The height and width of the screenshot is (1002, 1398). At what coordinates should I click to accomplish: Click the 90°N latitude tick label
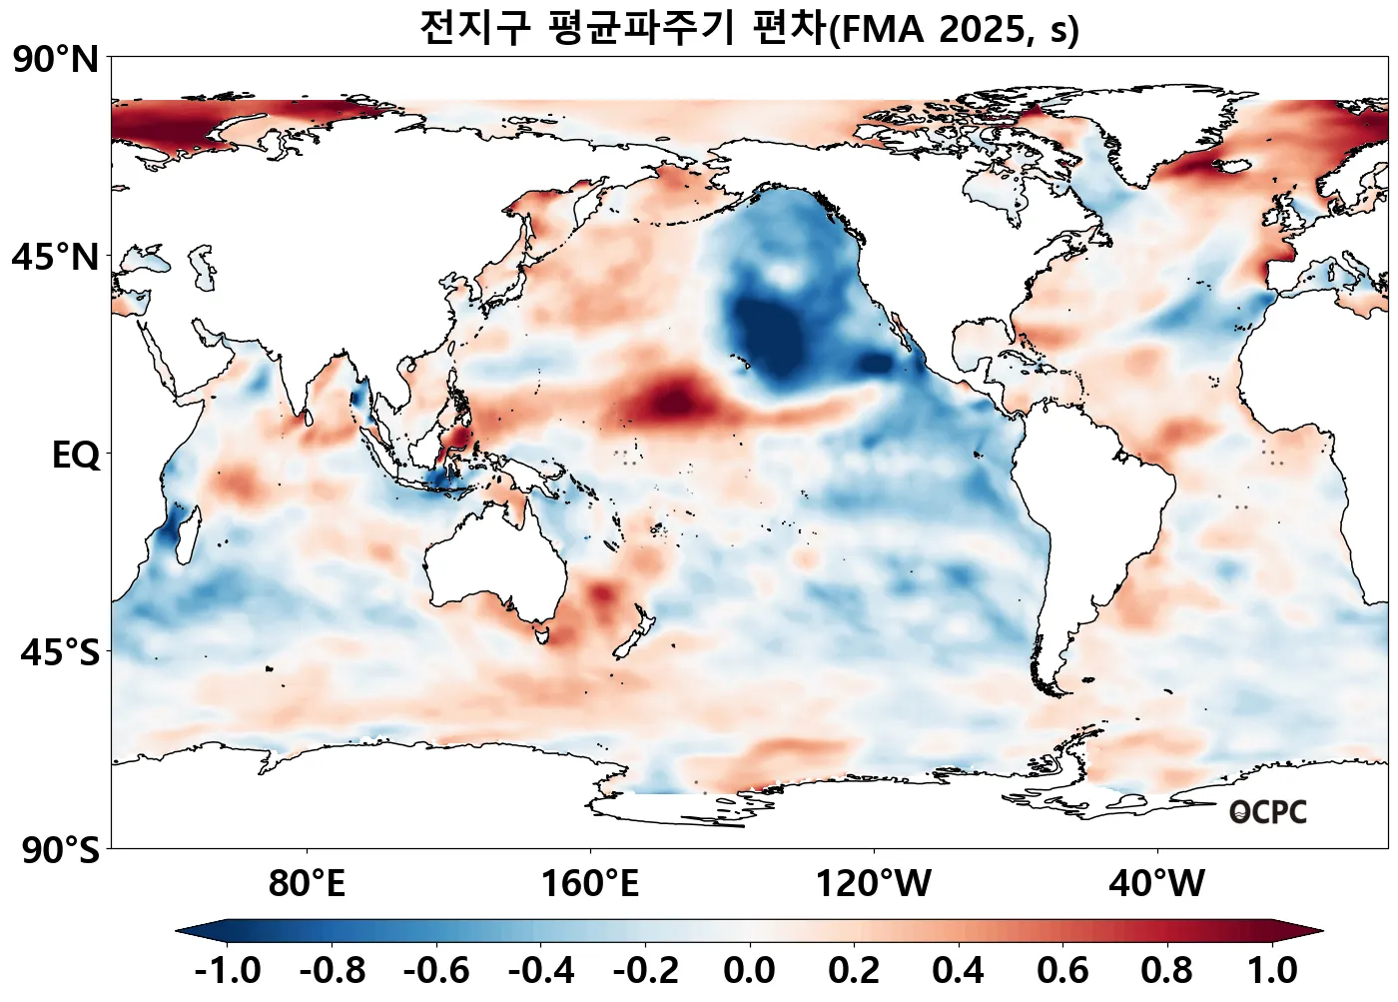coord(56,60)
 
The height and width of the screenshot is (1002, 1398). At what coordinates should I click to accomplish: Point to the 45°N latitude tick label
coord(56,257)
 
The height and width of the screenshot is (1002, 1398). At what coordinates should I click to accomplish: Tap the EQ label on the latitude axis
coord(76,456)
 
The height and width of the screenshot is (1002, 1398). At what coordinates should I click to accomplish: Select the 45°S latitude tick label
coord(60,653)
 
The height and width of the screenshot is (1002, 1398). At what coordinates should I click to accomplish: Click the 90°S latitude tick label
coord(60,851)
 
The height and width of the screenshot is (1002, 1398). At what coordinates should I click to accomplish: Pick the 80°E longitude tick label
coord(307,884)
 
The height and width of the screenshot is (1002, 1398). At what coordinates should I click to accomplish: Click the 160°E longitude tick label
coord(589,884)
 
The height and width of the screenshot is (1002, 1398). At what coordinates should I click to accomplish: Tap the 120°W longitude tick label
coord(874,884)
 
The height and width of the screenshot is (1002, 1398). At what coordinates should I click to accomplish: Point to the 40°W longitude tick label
coord(1157,884)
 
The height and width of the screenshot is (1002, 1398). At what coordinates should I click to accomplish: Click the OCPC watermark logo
coord(1267,812)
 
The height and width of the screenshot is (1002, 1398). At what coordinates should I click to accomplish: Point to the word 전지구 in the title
coord(474,28)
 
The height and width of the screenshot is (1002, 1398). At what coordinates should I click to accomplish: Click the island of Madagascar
coord(180,529)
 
